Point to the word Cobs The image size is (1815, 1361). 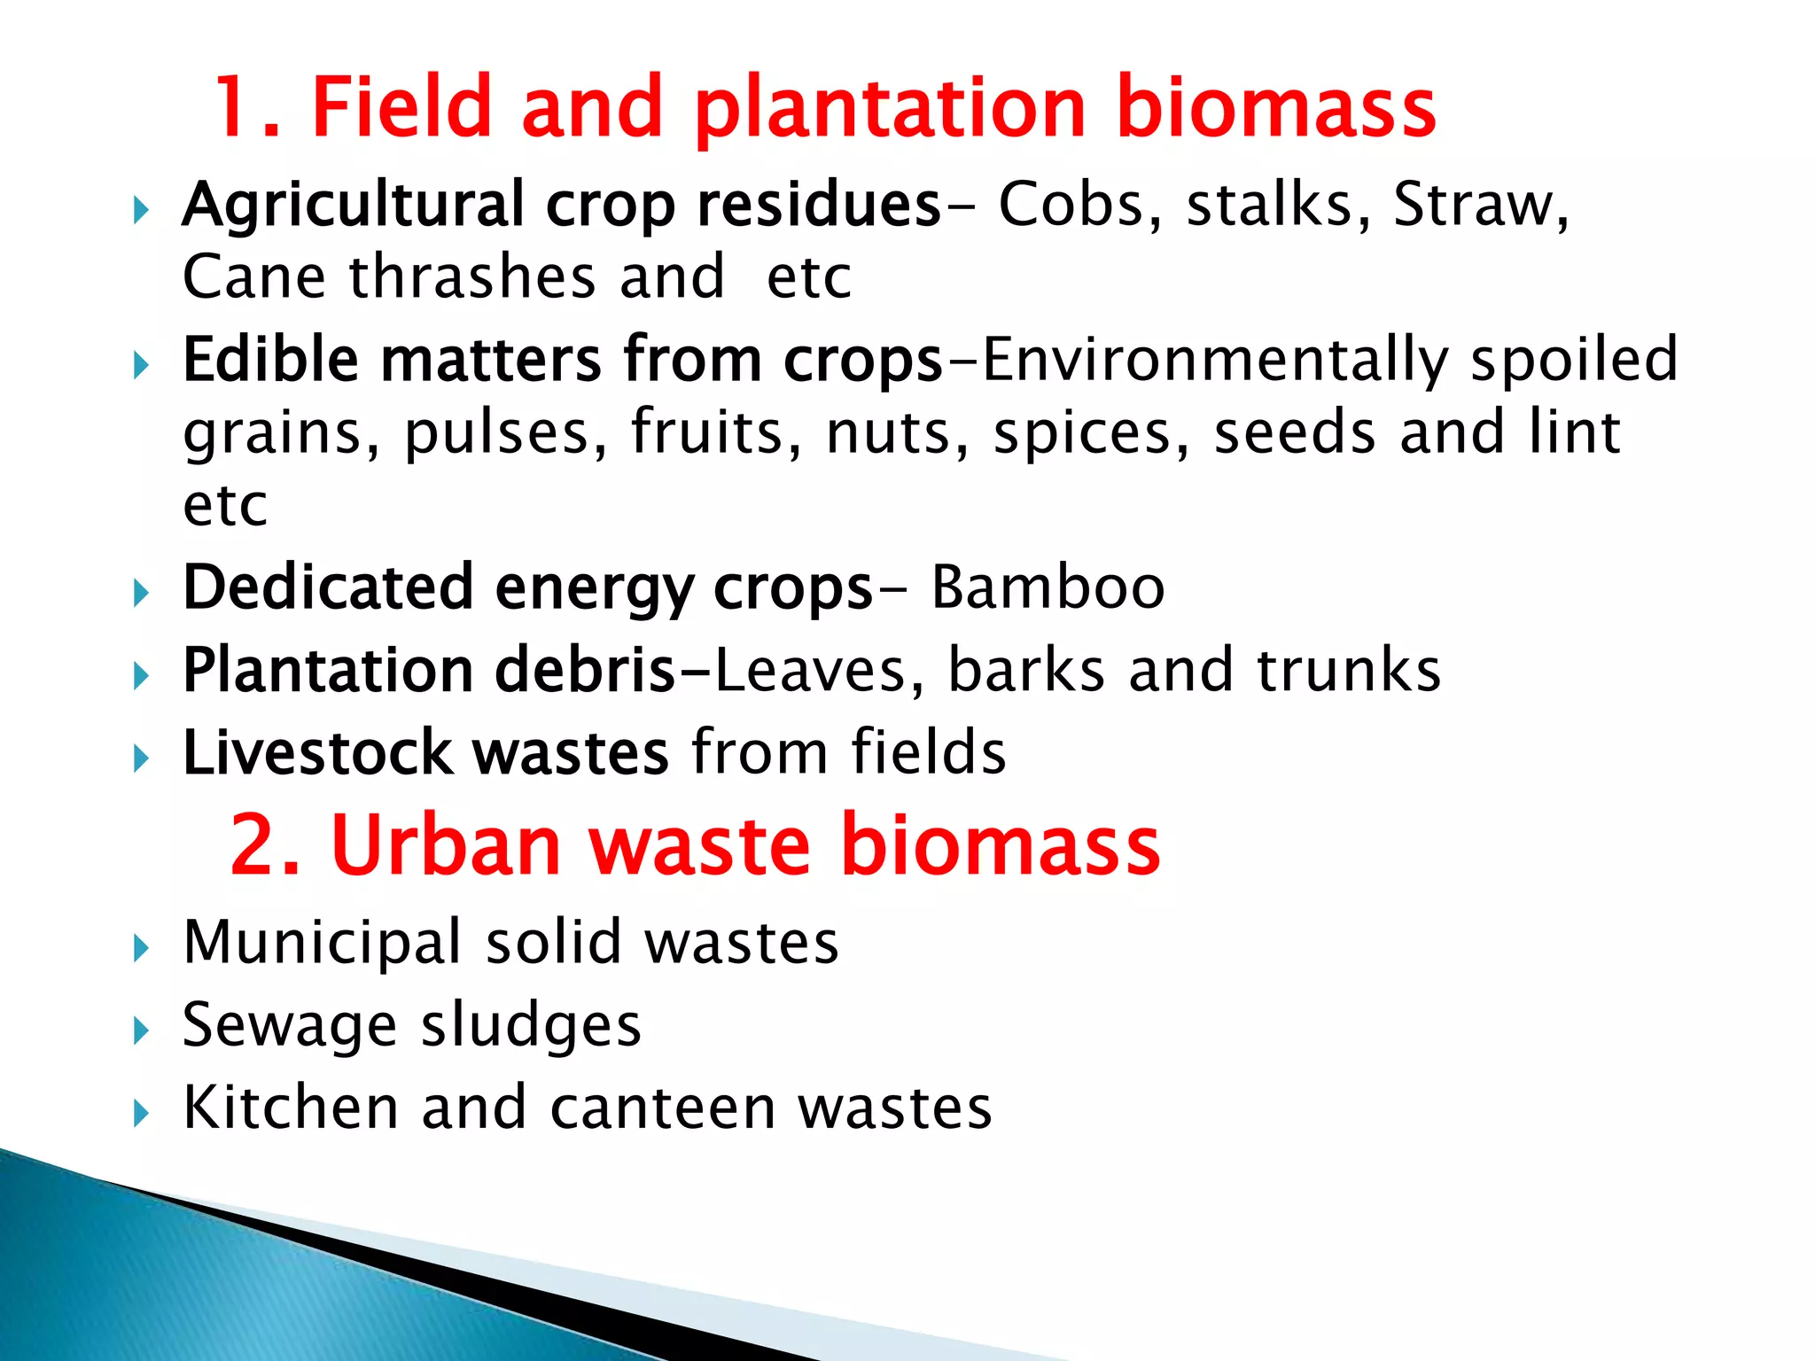[x=1071, y=206]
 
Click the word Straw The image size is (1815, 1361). [x=1473, y=206]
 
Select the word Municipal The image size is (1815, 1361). [x=322, y=943]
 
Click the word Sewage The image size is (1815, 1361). [x=289, y=1025]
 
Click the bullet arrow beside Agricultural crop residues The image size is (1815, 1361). [x=141, y=211]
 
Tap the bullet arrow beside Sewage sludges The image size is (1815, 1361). [x=141, y=1030]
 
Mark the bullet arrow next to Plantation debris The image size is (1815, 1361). [x=141, y=677]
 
